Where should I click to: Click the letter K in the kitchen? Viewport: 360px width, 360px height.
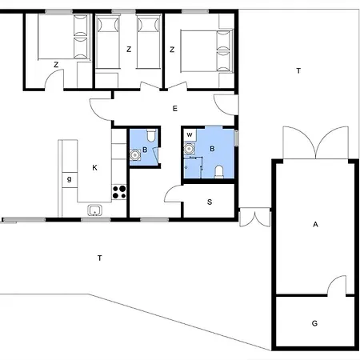(x=94, y=167)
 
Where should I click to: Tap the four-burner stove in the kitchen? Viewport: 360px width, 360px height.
(x=119, y=191)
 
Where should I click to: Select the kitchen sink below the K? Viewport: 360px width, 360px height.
(x=95, y=210)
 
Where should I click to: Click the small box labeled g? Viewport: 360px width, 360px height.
(x=70, y=179)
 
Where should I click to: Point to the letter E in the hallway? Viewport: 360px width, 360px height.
(x=174, y=106)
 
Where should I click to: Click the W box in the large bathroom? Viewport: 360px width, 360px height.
(x=189, y=134)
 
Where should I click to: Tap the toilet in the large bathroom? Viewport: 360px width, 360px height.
(x=218, y=171)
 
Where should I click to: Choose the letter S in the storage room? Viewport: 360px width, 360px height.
(x=210, y=202)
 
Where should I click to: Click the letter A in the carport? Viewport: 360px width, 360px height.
(x=315, y=226)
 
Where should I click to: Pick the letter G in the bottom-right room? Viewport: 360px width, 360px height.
(x=314, y=323)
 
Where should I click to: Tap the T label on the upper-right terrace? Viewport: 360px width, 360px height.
(x=298, y=71)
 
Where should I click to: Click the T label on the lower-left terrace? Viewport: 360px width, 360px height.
(x=99, y=258)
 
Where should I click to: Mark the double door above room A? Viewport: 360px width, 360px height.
(x=315, y=144)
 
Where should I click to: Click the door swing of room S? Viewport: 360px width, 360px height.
(x=173, y=193)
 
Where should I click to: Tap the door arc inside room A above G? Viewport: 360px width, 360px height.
(x=337, y=285)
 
